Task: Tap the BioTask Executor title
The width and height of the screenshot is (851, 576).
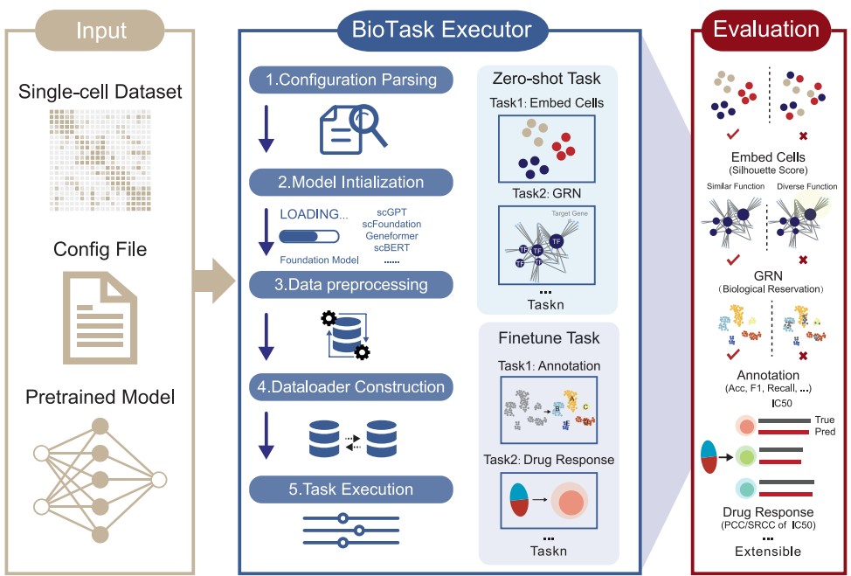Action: tap(441, 30)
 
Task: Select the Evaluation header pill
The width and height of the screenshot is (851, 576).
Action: tap(766, 29)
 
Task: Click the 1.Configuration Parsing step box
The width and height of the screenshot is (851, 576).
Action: tap(351, 80)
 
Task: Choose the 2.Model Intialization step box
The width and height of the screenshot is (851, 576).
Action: tap(351, 183)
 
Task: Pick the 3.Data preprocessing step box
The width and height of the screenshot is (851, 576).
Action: tap(351, 285)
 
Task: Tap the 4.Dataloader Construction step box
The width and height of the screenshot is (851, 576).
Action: tap(351, 387)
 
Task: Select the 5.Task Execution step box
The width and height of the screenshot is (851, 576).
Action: tap(351, 489)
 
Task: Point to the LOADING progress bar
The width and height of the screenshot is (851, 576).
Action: tap(308, 236)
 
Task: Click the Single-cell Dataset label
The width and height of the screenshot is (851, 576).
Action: tap(100, 92)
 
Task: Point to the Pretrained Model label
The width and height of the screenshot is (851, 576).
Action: tap(100, 397)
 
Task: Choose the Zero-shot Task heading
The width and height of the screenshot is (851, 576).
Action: tap(548, 80)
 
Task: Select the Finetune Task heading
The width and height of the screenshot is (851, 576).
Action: tap(548, 337)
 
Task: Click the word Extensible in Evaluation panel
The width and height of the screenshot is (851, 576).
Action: tap(768, 552)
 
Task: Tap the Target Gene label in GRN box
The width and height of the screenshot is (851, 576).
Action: tap(568, 213)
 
